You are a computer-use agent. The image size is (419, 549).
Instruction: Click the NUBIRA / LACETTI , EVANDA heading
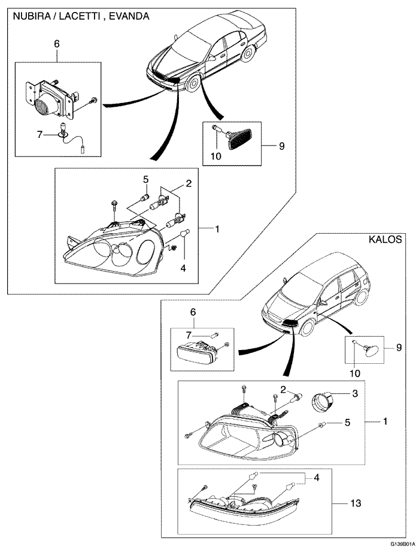click(77, 17)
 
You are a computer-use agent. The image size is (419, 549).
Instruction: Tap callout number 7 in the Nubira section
click(40, 135)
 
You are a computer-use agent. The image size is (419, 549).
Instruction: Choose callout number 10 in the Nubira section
click(215, 156)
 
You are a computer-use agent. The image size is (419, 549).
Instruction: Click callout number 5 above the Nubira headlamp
click(145, 180)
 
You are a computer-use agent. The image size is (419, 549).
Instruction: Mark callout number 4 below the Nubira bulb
click(184, 268)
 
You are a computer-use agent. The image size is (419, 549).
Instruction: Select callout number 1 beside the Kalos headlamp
click(385, 421)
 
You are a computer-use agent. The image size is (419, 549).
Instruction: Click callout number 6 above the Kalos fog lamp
click(193, 312)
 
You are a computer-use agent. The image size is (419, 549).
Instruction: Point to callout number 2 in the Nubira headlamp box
click(188, 185)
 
